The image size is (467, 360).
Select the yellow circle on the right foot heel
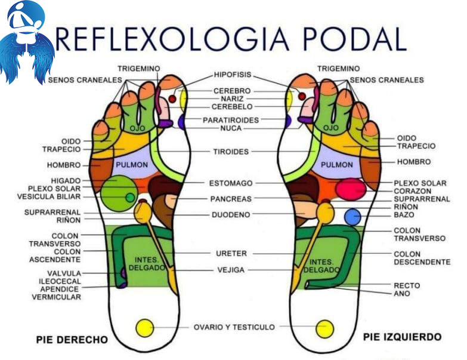[x=144, y=328]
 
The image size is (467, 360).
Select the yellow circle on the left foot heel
[x=325, y=328]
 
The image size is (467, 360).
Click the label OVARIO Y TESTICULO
[x=234, y=327]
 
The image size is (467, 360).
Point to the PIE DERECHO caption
[x=72, y=340]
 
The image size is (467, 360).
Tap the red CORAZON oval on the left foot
[x=350, y=189]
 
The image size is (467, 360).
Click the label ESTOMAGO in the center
[x=231, y=183]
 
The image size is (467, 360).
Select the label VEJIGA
[x=230, y=270]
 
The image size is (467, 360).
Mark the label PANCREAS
[x=231, y=199]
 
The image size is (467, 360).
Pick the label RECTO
[x=406, y=285]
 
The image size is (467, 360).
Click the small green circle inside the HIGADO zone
[x=129, y=197]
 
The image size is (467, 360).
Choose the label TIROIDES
[x=231, y=152]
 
